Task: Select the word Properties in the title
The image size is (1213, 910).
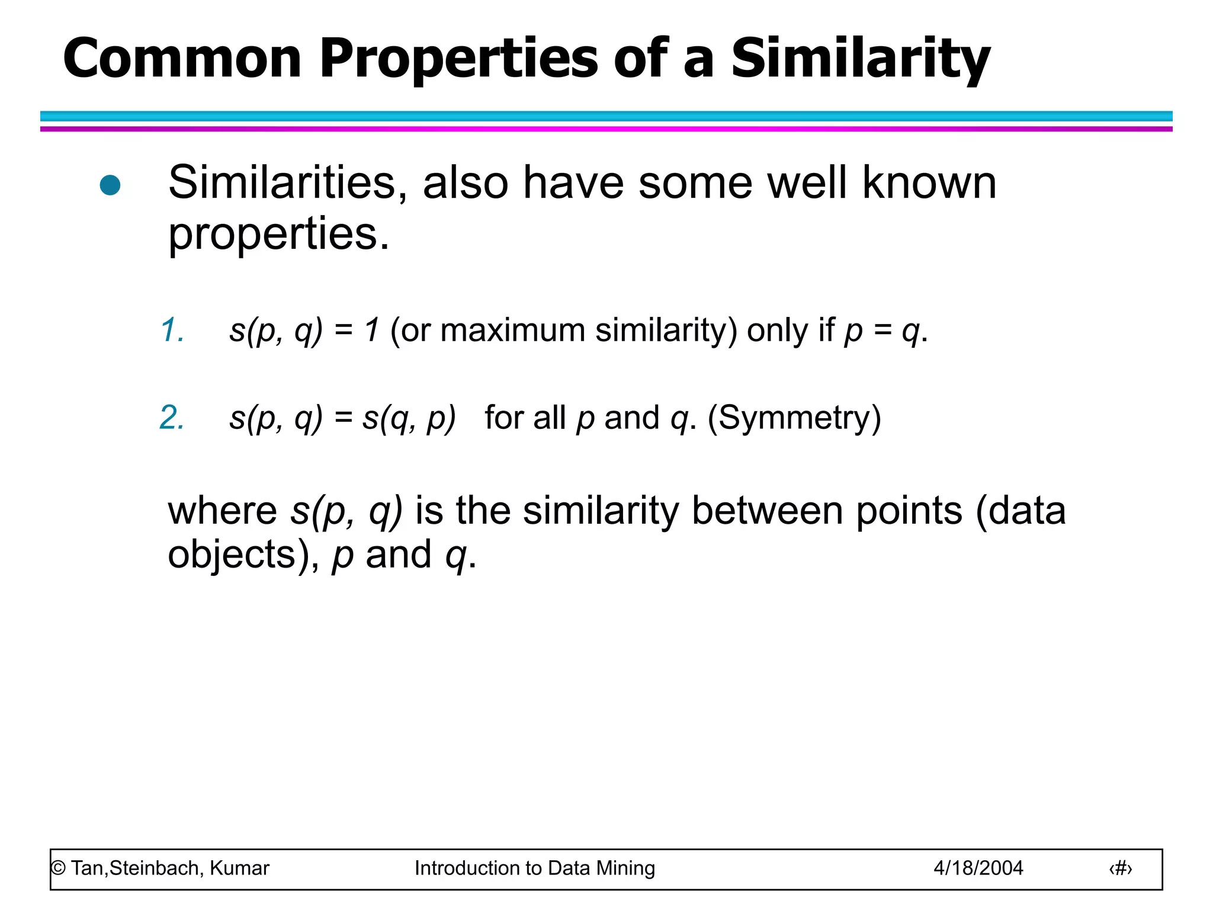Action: click(460, 59)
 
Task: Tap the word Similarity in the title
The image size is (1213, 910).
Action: click(860, 59)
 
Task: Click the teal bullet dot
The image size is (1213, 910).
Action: click(110, 185)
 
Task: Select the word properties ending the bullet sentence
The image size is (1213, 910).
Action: click(278, 235)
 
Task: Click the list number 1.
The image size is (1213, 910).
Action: click(172, 330)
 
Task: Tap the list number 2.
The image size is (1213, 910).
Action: click(172, 418)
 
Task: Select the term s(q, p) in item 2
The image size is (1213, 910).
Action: click(409, 418)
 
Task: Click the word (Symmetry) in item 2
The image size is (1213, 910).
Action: click(794, 418)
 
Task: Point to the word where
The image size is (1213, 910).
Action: click(223, 511)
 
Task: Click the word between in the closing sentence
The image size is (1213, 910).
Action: click(768, 511)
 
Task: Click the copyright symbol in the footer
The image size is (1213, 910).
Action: click(59, 869)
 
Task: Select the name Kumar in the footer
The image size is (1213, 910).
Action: click(239, 869)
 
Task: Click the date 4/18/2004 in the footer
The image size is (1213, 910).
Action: click(978, 869)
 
